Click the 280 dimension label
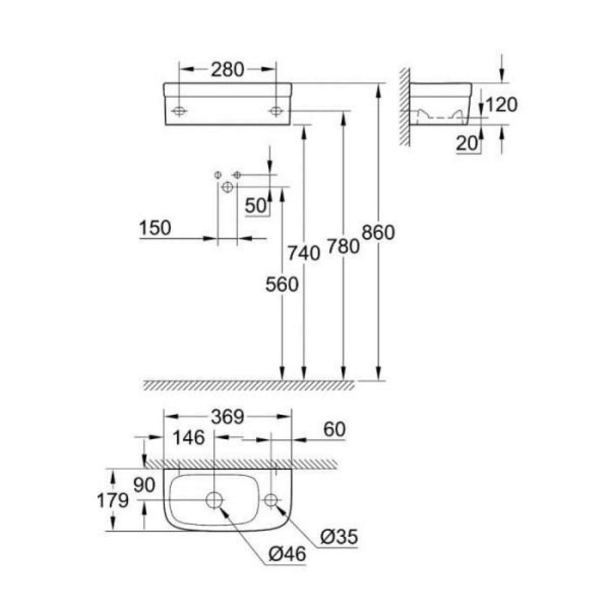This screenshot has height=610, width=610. (228, 70)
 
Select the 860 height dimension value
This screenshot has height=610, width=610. (378, 233)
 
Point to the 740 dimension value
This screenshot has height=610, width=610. (303, 253)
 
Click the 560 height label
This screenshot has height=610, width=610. (282, 285)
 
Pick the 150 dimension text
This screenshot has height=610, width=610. (155, 228)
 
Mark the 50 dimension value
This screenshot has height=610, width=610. (256, 206)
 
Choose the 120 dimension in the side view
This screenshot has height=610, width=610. (501, 105)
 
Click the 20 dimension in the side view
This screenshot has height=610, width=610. (467, 144)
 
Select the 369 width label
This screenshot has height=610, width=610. (228, 417)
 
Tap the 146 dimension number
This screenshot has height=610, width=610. (189, 438)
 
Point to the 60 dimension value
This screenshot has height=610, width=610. (333, 430)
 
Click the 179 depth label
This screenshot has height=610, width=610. (113, 501)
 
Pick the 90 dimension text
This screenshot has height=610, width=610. (144, 485)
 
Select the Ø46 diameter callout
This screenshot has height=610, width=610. (287, 554)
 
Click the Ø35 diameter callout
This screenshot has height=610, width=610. (340, 536)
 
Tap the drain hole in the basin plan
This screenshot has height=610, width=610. (215, 500)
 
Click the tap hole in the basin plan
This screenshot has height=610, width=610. (271, 500)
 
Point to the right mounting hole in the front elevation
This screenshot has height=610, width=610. (276, 110)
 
